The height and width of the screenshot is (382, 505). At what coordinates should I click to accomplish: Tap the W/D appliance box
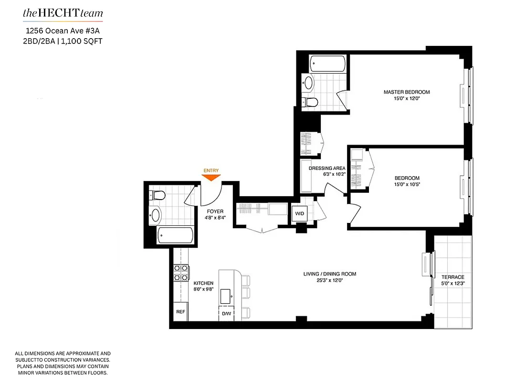[x=300, y=213]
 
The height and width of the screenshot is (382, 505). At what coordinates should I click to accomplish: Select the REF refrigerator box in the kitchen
[x=180, y=311]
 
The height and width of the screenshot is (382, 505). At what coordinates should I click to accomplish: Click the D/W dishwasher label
[x=226, y=314]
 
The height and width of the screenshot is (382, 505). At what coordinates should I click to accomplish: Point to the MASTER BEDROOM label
[x=407, y=92]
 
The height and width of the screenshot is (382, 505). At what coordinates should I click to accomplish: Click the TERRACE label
[x=452, y=277]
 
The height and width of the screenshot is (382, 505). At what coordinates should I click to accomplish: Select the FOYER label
[x=215, y=211]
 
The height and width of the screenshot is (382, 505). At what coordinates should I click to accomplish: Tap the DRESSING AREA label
[x=327, y=168]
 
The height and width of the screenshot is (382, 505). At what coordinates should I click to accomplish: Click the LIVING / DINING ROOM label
[x=330, y=274]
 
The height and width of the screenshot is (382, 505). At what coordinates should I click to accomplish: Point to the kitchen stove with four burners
[x=180, y=273]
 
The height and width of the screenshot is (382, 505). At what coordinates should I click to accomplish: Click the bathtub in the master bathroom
[x=327, y=63]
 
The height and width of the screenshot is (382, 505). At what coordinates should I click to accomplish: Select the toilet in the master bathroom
[x=311, y=102]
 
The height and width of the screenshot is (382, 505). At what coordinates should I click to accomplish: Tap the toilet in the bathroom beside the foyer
[x=157, y=195]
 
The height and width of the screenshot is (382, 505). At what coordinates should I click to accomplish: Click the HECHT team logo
[x=63, y=13]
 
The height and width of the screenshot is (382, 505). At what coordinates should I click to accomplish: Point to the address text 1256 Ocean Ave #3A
[x=63, y=31]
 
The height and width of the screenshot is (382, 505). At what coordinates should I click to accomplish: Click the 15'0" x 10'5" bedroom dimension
[x=407, y=185]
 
